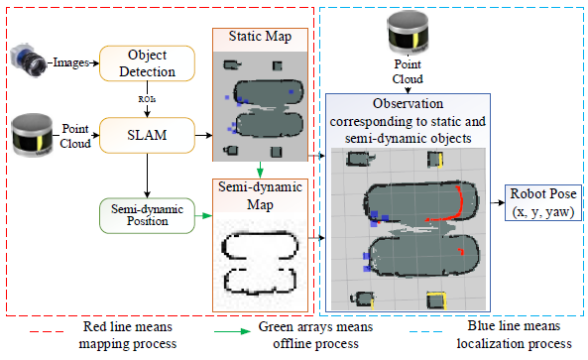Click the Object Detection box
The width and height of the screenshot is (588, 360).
coord(147,63)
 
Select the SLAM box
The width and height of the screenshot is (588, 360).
coord(147,135)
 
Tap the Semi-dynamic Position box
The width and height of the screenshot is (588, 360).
coord(147,215)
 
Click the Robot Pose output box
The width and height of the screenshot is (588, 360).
coord(543,202)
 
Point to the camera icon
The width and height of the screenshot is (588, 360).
coord(28,60)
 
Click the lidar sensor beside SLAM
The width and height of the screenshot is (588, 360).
coord(33,135)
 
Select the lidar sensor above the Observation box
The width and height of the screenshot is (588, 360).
coord(408,32)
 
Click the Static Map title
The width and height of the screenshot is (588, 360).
coord(260,37)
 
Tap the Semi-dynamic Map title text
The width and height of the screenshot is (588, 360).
coord(260,195)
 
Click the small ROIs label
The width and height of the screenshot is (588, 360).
coord(147,99)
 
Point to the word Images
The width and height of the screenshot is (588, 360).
coord(70,62)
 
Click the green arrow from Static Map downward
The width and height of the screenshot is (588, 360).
coord(260,170)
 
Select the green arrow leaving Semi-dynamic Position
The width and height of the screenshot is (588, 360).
coord(203,215)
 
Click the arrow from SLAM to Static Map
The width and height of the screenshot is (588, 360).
coord(203,135)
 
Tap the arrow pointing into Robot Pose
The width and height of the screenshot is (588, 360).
coord(498,202)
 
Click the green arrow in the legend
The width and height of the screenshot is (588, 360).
coord(232,331)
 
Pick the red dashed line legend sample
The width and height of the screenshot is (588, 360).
coord(47,332)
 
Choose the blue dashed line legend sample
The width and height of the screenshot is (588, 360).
coord(425,332)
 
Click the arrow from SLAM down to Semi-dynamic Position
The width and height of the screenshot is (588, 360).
coord(147,176)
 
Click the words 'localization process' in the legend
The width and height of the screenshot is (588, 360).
coord(514,343)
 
